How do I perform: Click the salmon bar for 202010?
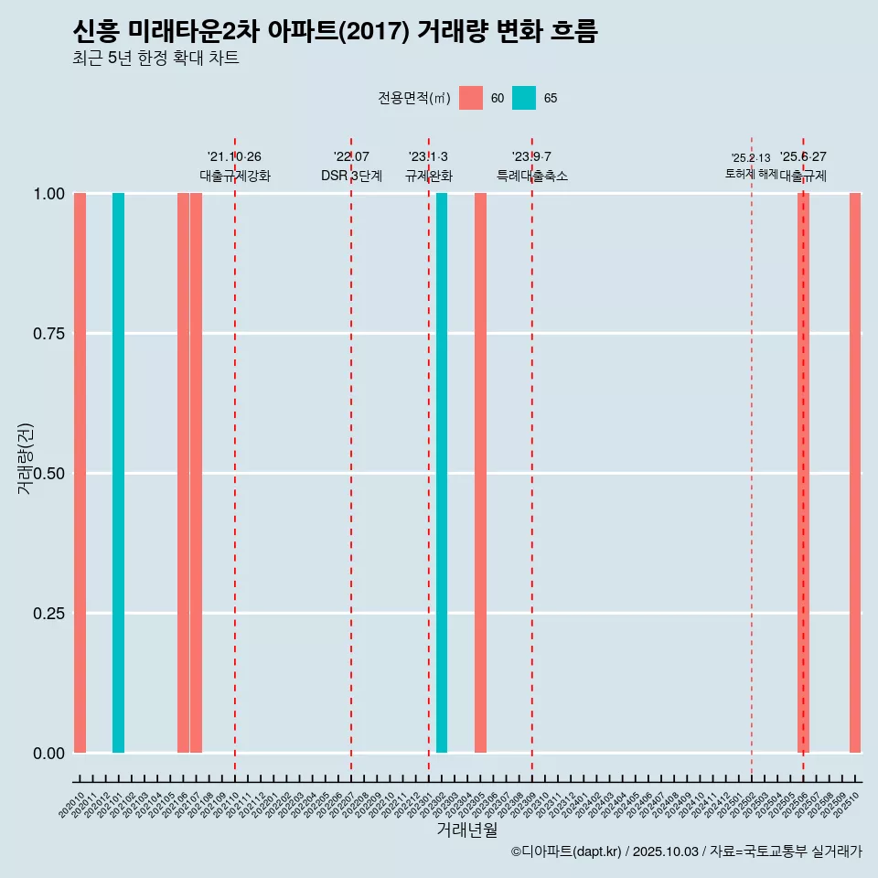tap(80, 473)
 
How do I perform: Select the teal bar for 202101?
tap(118, 473)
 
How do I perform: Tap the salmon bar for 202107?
tap(196, 473)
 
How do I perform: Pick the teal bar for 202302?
tap(442, 473)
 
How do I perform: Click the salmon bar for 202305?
tap(480, 473)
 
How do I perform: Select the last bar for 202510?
tap(855, 473)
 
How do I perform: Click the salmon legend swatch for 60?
tap(471, 98)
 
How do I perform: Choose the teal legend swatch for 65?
tap(524, 98)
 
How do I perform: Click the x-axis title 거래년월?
tap(466, 830)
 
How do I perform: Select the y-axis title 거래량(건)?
tap(26, 458)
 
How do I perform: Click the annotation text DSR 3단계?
tap(351, 177)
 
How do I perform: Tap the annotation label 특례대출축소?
tap(532, 177)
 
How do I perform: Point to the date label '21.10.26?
tap(234, 157)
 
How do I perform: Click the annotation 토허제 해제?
tap(751, 173)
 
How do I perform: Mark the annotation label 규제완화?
tap(429, 177)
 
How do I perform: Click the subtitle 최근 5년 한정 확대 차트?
tap(155, 59)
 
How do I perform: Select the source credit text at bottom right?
tap(686, 851)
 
